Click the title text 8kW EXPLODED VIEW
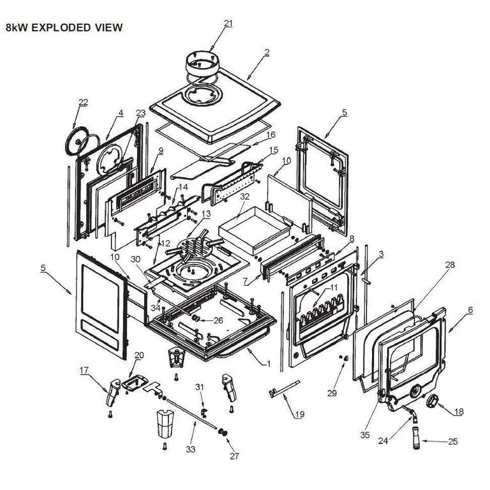tap(63, 28)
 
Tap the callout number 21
tap(228, 24)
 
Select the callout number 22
tap(83, 102)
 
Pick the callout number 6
tap(470, 309)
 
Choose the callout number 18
tap(458, 412)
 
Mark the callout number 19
tap(299, 414)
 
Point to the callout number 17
tap(84, 369)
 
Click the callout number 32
tap(244, 197)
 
